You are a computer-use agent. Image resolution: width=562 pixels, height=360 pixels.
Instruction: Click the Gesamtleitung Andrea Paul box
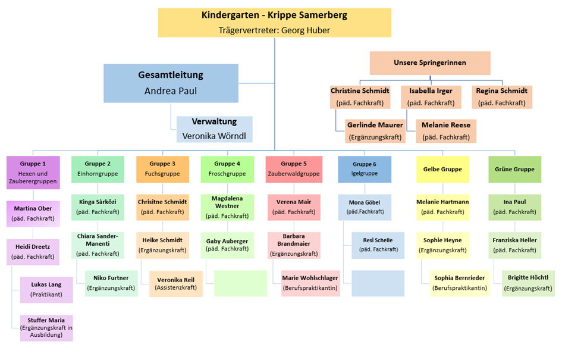171,83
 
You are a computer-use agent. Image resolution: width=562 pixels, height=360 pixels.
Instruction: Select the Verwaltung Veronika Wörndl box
215,129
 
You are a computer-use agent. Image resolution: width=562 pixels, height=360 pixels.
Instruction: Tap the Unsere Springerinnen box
430,63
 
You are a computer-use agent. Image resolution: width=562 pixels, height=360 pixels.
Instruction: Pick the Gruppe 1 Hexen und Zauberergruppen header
33,173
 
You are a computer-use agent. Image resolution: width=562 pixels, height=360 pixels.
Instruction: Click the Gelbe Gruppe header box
442,169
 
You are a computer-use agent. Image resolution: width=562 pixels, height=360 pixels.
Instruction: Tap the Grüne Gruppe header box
514,169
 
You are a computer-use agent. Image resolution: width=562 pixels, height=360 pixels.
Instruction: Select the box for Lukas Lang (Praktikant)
46,289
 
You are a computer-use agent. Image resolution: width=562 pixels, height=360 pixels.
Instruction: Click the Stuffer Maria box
46,328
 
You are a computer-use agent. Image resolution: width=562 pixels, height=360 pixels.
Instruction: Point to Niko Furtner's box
111,283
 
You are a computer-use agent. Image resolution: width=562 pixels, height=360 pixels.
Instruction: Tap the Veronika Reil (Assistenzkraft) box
176,283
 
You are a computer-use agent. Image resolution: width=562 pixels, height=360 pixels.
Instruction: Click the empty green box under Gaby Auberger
240,283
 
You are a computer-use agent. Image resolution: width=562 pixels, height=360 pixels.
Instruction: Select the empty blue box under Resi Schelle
378,283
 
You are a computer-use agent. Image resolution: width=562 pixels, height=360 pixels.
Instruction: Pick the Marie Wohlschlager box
310,283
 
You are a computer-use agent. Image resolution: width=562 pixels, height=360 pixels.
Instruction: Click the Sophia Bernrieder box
459,283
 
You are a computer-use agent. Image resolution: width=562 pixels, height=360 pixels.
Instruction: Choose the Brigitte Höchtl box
528,283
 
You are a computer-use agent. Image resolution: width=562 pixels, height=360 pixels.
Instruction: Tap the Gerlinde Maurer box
375,131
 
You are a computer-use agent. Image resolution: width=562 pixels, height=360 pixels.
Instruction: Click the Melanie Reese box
446,131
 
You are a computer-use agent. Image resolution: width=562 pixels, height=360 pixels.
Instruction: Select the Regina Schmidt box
502,96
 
